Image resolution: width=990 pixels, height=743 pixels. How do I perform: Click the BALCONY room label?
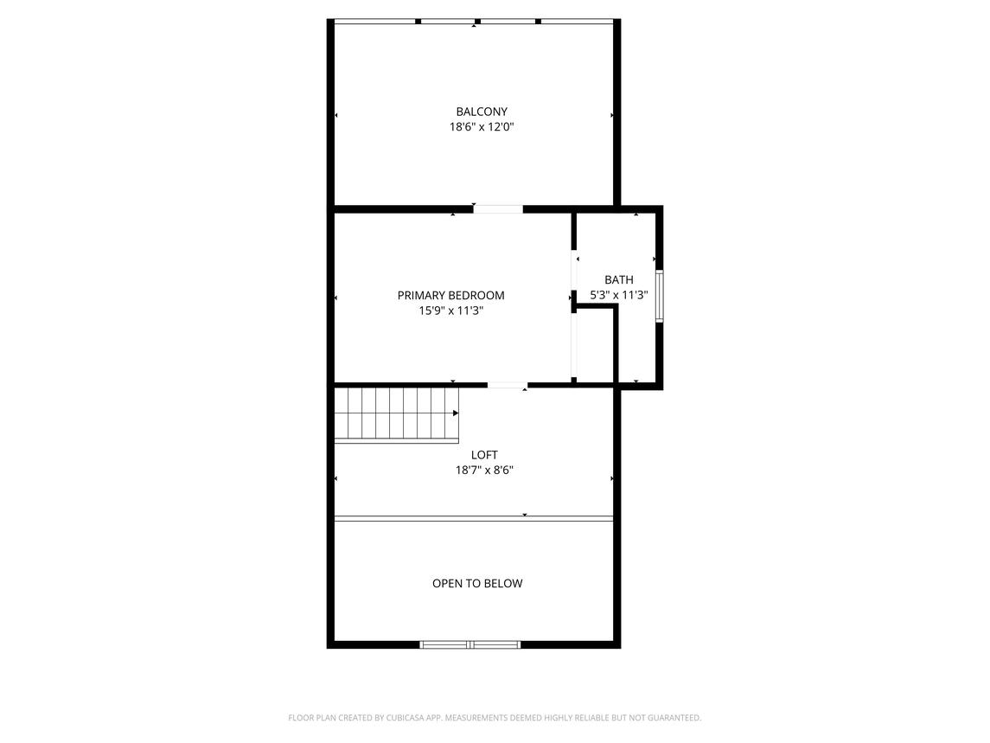point(482,112)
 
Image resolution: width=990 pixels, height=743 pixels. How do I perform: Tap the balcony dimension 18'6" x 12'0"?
point(482,127)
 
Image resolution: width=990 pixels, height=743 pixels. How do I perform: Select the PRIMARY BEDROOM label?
point(450,295)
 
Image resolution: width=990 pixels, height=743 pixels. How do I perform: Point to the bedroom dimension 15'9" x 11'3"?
point(450,311)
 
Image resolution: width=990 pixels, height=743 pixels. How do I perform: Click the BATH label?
point(619,279)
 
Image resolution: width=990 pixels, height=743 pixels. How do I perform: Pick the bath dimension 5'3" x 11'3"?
point(619,294)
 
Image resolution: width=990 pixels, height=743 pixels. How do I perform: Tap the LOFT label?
point(484,455)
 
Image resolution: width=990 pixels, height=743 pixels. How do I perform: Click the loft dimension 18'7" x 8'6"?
point(484,470)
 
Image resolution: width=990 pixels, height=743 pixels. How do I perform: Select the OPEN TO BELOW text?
point(477,583)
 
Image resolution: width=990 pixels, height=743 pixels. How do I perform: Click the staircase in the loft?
point(397,413)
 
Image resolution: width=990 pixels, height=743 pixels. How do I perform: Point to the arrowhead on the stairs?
point(456,413)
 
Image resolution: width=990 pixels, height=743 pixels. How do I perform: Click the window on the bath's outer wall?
point(659,297)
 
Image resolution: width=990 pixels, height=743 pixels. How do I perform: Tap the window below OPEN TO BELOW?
point(470,644)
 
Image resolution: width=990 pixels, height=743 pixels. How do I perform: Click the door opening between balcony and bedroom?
point(498,209)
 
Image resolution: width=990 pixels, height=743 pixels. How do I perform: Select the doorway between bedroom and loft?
point(508,384)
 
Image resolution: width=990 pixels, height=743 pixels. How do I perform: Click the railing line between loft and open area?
point(474,519)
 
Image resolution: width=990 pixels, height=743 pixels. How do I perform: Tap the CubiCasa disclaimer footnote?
point(495,718)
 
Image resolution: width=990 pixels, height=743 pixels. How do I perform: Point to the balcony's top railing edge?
point(474,22)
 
